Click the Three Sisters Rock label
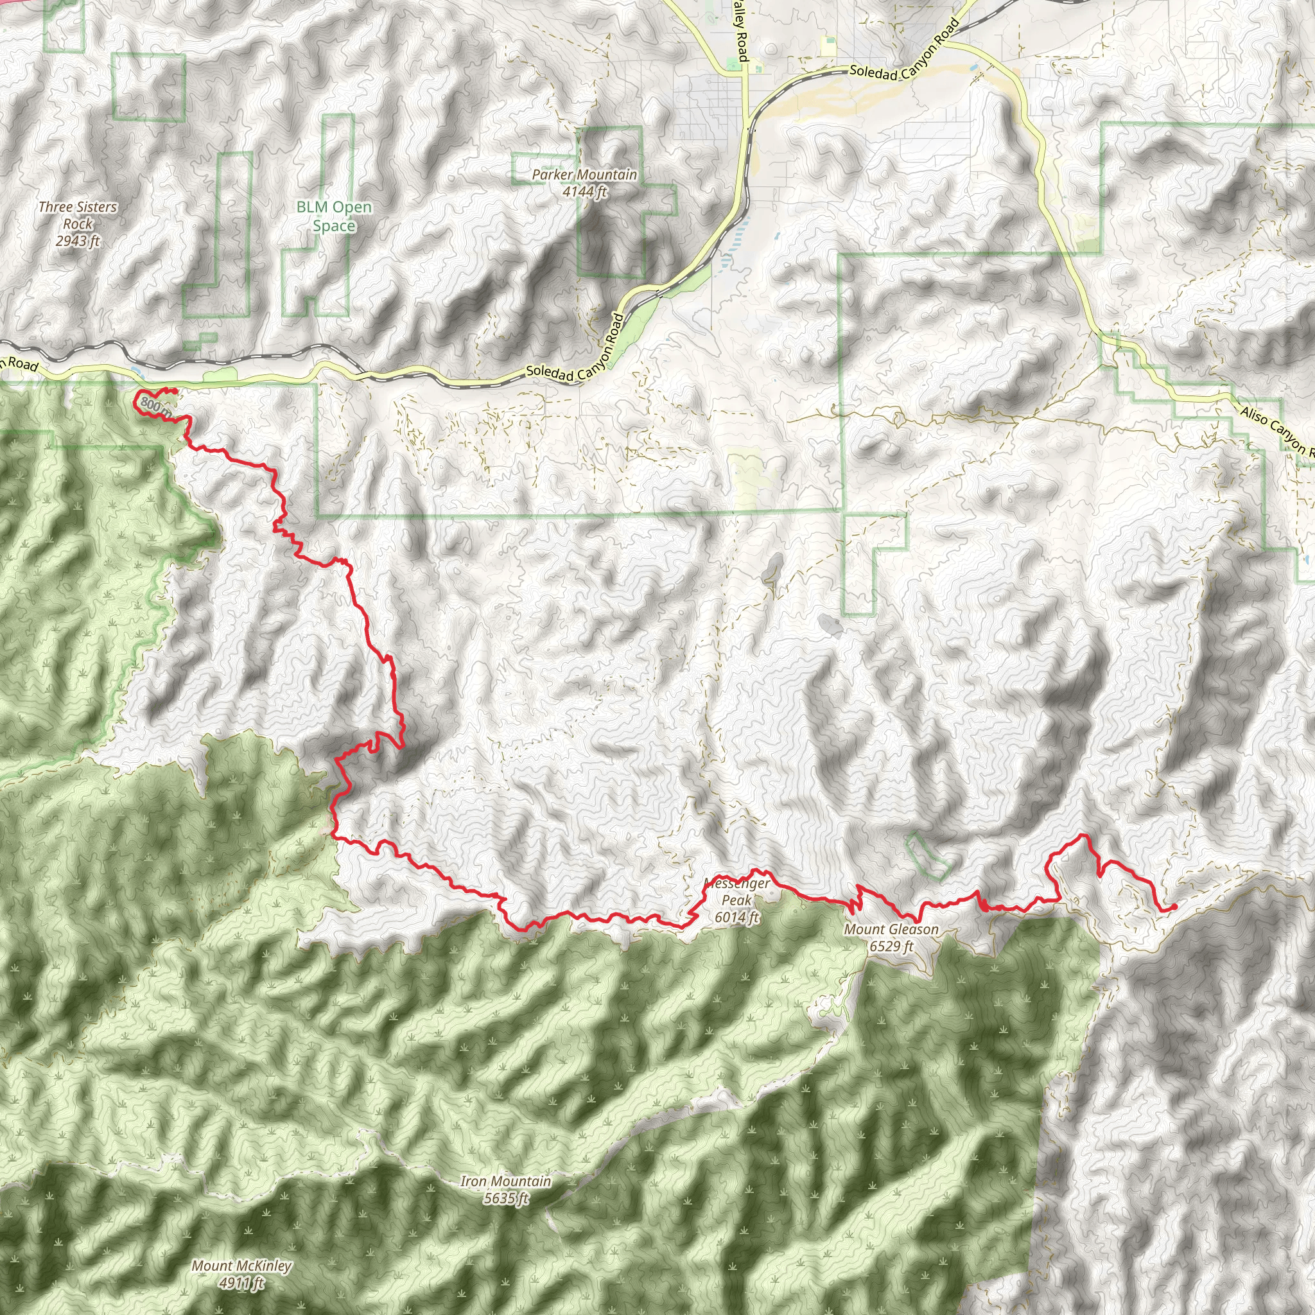[x=78, y=215]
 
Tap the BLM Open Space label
[x=334, y=216]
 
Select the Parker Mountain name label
[x=584, y=175]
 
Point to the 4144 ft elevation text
[x=585, y=192]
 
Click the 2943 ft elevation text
[x=78, y=241]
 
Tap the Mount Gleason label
[x=891, y=929]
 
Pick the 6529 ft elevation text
[x=891, y=945]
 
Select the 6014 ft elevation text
[x=736, y=917]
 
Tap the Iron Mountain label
[x=505, y=1181]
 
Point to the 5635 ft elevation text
[x=506, y=1198]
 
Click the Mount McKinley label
[x=241, y=1266]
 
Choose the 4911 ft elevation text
[x=241, y=1283]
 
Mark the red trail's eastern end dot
[x=1174, y=907]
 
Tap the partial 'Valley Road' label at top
[x=740, y=31]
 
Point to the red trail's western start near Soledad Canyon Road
[x=175, y=390]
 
